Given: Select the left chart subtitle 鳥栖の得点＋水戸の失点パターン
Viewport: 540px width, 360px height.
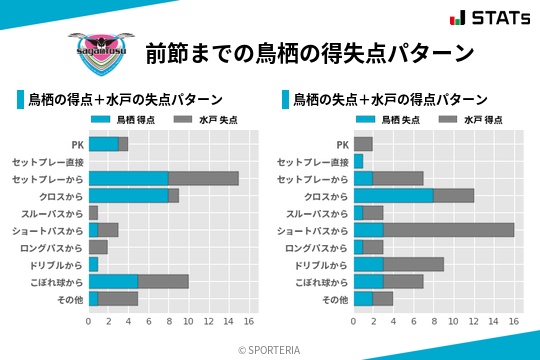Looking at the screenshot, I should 125,100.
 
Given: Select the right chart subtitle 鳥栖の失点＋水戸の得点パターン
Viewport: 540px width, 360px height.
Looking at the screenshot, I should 390,100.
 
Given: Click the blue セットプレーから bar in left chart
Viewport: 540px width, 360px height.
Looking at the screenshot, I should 128,178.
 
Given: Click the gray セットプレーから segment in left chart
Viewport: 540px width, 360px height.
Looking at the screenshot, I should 203,178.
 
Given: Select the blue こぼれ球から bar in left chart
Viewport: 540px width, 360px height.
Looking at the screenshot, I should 113,281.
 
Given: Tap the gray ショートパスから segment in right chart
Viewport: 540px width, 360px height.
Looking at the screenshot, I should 448,230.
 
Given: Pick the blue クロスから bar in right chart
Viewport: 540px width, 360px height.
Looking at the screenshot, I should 393,196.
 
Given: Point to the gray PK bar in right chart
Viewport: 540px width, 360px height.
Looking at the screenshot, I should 363,144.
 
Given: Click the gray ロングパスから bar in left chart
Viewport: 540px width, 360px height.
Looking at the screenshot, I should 98,247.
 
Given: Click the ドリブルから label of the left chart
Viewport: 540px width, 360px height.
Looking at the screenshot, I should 57,264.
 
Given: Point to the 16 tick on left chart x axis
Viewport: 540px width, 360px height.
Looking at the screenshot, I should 249,322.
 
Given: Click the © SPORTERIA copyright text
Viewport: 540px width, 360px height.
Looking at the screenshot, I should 270,350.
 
